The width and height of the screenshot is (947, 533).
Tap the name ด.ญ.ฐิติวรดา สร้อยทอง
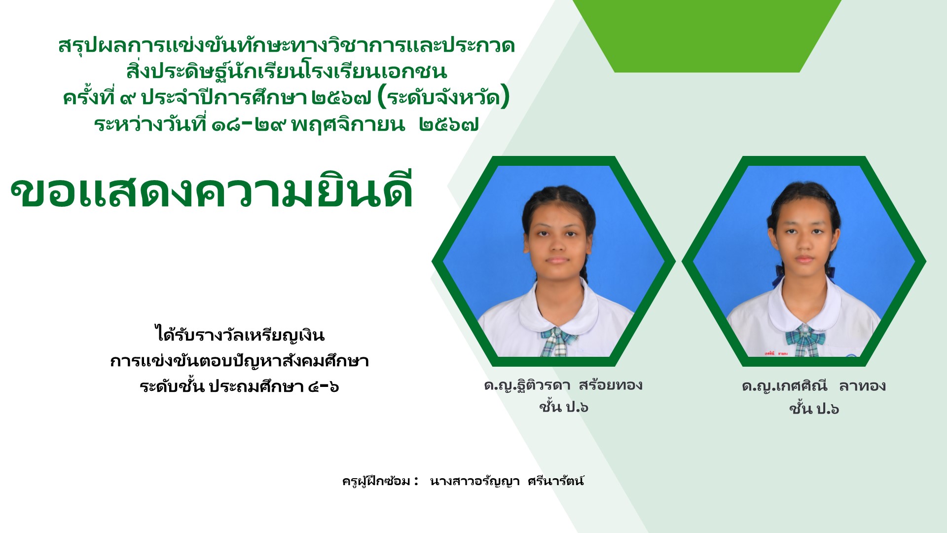(563, 385)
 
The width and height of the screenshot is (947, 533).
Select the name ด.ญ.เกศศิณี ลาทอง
(814, 386)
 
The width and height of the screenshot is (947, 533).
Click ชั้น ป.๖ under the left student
(564, 407)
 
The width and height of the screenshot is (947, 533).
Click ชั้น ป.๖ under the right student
(814, 409)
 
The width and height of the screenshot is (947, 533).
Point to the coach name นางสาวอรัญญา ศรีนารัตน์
(507, 481)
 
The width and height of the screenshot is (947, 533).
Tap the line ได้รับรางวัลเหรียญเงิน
(240, 335)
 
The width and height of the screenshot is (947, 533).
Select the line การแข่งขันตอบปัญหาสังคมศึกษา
(240, 361)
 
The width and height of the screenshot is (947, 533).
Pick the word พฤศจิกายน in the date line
(348, 124)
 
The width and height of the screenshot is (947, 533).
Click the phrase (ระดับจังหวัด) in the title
(443, 98)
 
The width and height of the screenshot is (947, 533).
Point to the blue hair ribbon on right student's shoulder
(778, 277)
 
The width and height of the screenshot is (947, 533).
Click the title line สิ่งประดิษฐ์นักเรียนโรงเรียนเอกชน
(287, 72)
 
